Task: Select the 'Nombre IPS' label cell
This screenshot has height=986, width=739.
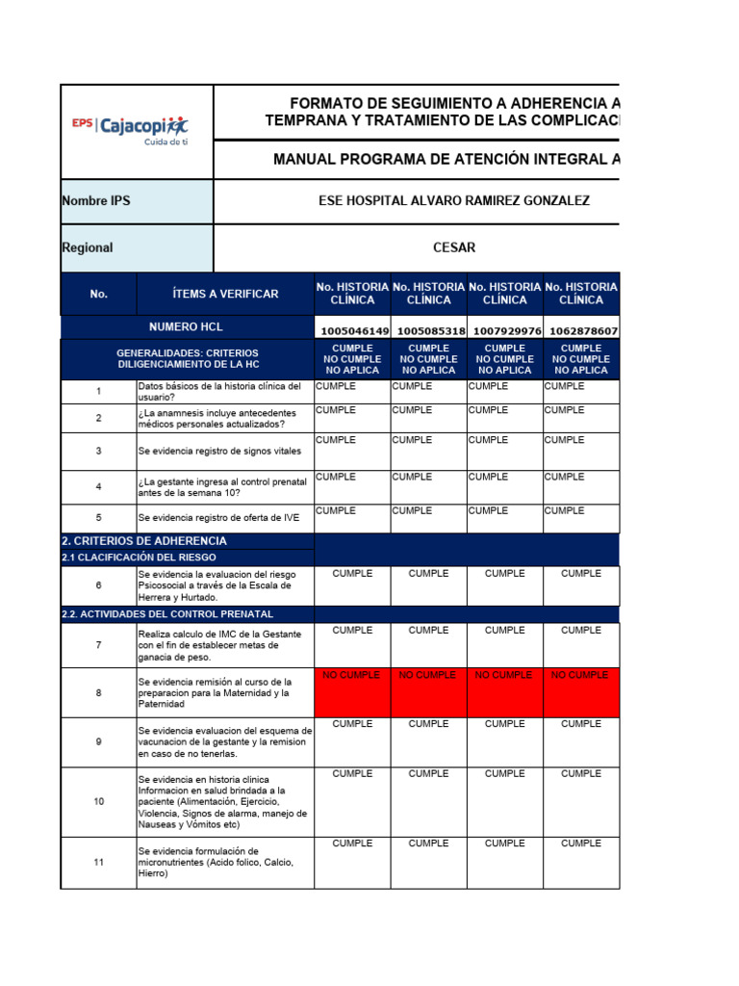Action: pos(96,200)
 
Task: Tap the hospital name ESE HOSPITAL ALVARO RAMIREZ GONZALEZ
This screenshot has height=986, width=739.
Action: pos(453,200)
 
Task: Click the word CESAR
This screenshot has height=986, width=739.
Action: pos(454,247)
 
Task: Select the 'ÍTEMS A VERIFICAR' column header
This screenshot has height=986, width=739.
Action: pos(225,294)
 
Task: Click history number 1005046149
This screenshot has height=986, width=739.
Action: pos(352,331)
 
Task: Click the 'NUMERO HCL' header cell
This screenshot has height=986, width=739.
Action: pos(187,326)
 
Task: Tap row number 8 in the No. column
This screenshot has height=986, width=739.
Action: pos(98,692)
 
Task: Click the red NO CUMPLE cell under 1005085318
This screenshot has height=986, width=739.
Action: pos(428,676)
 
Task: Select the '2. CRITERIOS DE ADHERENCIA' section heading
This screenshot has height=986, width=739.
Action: pos(144,541)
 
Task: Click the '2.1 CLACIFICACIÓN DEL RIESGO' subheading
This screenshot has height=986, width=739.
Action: pos(140,557)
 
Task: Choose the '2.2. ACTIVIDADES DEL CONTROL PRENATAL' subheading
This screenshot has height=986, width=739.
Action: pos(167,613)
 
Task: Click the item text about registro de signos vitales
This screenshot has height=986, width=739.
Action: pos(219,451)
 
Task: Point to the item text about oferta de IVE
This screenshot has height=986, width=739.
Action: pos(218,517)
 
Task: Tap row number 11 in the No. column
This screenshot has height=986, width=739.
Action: pos(98,863)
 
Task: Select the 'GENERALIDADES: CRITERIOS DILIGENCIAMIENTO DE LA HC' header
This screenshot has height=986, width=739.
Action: pos(187,359)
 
